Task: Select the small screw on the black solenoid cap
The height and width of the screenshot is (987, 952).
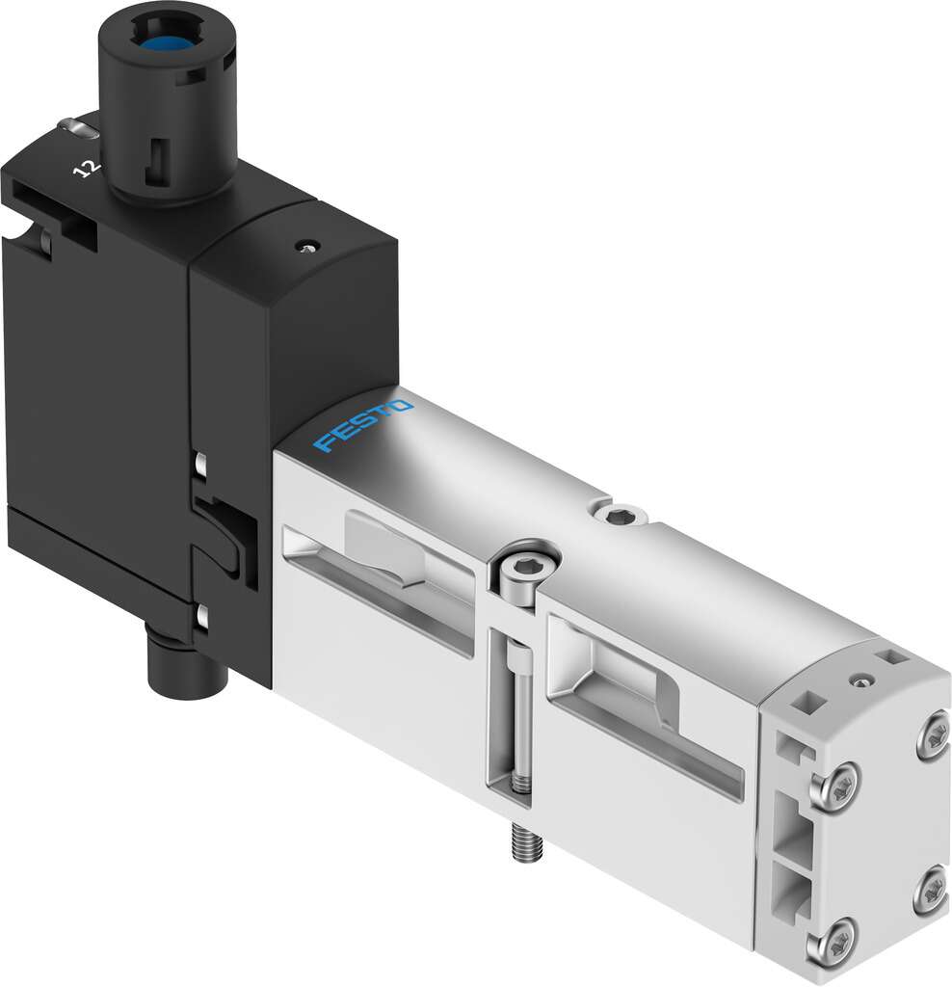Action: coord(305,246)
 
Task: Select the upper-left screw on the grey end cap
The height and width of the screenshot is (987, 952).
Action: coord(839,776)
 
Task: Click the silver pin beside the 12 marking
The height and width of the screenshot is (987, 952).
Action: coord(69,124)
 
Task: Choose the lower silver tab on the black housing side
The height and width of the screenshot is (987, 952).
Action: coord(202,618)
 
